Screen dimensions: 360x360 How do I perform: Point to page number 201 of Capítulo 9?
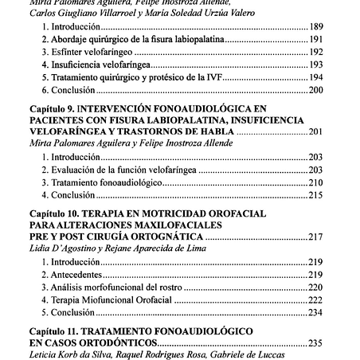coord(314,131)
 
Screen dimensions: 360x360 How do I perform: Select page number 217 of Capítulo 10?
coord(314,237)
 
